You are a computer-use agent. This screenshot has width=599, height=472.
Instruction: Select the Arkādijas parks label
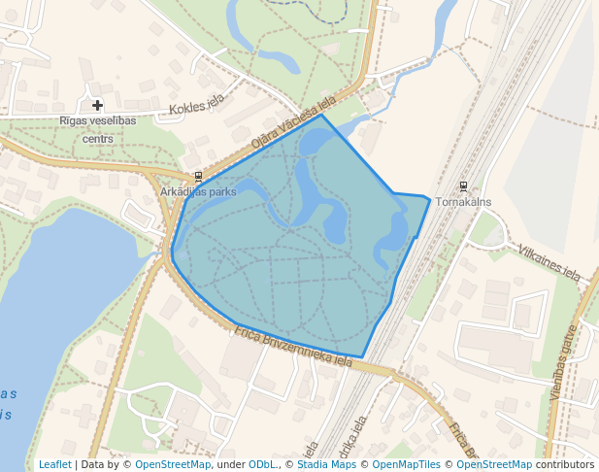point(198,192)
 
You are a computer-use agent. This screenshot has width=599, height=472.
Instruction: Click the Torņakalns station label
point(463,202)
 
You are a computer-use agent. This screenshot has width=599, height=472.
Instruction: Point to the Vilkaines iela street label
point(549,262)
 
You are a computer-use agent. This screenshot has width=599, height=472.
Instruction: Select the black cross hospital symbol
point(97,105)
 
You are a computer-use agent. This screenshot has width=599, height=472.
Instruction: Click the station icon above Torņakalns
point(463,186)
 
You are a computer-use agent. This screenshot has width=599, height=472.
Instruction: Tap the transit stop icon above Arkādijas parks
point(198,177)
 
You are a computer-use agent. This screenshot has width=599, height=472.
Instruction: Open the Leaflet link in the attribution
point(54,464)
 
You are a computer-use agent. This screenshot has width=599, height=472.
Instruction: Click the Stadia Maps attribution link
point(332,464)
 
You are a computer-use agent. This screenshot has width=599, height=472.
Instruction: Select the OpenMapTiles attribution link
point(407,464)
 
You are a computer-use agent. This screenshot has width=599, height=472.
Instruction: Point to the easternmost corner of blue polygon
point(429,198)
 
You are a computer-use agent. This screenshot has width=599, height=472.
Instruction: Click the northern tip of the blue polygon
point(323,117)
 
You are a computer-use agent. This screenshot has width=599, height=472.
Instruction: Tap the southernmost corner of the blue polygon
point(362,357)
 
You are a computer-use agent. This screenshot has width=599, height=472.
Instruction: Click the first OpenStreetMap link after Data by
point(173,464)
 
